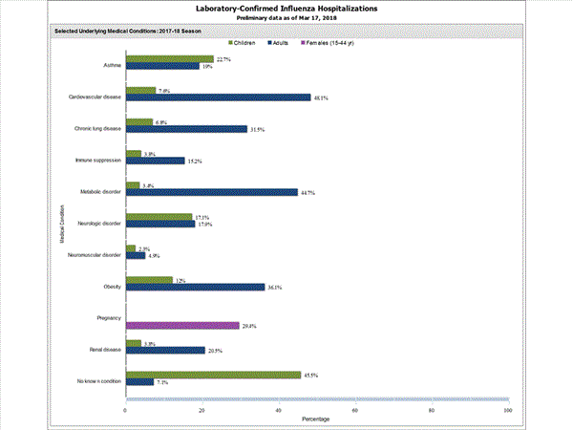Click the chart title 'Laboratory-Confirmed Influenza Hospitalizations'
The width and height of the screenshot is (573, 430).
point(286,9)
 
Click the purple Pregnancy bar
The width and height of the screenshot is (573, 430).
point(182,325)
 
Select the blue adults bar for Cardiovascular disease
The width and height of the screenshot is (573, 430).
point(218,97)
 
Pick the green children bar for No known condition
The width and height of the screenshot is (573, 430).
point(213,375)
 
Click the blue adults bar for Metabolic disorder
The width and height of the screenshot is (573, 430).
point(211,192)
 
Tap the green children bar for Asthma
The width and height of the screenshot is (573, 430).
point(169,58)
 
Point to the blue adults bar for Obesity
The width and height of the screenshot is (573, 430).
point(195,287)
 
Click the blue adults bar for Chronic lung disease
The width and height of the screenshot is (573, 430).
point(186,129)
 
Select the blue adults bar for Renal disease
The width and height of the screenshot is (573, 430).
point(165,350)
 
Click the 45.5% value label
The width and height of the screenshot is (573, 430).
point(311,375)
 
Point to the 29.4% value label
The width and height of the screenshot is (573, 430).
point(250,326)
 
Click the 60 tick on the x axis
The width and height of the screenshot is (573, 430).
point(354,410)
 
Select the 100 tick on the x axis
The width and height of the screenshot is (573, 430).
point(507,410)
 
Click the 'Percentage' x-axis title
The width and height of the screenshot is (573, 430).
point(316,419)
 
